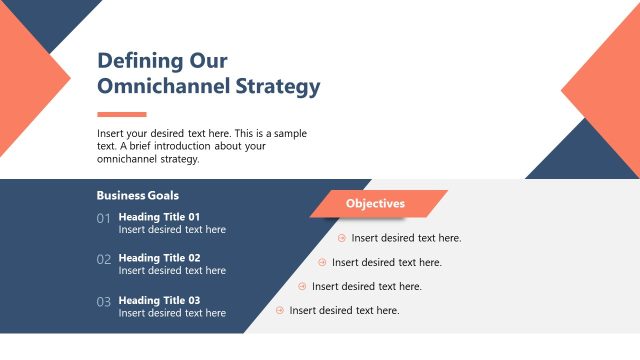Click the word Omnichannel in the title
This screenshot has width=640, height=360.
coord(160,86)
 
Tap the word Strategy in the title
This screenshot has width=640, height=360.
coord(275,86)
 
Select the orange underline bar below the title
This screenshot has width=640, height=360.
coord(121,114)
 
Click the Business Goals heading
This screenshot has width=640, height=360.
coord(138,196)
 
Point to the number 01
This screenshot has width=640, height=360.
coord(104,219)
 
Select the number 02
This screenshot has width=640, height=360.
coord(104,260)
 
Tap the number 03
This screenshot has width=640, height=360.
coord(104,302)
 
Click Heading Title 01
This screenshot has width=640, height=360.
coord(159,216)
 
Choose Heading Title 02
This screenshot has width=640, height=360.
coord(159,258)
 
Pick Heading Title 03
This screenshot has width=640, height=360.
coord(159,300)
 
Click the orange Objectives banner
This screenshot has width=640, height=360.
coord(376,204)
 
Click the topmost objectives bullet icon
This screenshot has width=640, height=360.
coord(342,238)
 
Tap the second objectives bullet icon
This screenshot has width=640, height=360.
coord(322,262)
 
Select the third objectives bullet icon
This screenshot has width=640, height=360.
coord(302,286)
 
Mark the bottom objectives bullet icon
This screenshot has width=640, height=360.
coord(280,310)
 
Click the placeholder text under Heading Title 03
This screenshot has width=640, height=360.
coord(172,313)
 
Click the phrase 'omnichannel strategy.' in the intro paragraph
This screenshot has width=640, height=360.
coord(148,159)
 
